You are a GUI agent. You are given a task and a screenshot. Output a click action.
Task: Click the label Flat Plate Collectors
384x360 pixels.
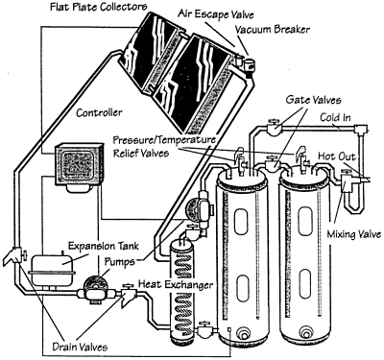tap(99, 7)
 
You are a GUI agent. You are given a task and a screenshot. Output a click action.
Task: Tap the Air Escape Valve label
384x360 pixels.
tap(216, 14)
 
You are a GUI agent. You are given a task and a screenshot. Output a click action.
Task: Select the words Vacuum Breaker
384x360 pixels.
tap(273, 30)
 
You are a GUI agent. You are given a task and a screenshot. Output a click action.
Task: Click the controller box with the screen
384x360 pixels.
tap(80, 165)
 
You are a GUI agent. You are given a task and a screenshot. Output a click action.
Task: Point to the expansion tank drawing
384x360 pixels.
tap(53, 268)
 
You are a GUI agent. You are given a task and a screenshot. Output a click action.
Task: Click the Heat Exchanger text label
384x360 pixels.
tap(176, 284)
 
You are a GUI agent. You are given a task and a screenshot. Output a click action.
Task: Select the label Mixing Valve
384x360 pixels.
tap(354, 234)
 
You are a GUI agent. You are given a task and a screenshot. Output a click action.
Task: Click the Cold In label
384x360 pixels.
tap(335, 118)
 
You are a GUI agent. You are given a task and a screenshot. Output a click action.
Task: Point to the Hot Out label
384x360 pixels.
tap(337, 156)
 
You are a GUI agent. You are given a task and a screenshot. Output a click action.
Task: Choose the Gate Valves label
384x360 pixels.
tap(313, 100)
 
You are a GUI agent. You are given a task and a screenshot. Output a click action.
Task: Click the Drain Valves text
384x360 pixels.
tap(80, 347)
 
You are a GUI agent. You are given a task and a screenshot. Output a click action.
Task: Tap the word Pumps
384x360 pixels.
tap(120, 261)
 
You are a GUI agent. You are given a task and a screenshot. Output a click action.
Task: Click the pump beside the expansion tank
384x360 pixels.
tap(95, 288)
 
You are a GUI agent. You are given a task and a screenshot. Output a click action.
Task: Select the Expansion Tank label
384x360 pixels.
tap(104, 246)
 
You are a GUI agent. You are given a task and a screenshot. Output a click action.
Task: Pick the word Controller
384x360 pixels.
tap(99, 112)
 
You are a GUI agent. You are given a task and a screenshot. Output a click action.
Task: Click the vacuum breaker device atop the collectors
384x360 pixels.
tap(248, 64)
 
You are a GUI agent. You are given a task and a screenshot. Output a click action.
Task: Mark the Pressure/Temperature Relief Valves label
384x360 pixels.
tap(164, 147)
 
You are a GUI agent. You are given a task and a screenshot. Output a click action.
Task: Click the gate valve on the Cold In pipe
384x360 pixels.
tap(274, 127)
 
